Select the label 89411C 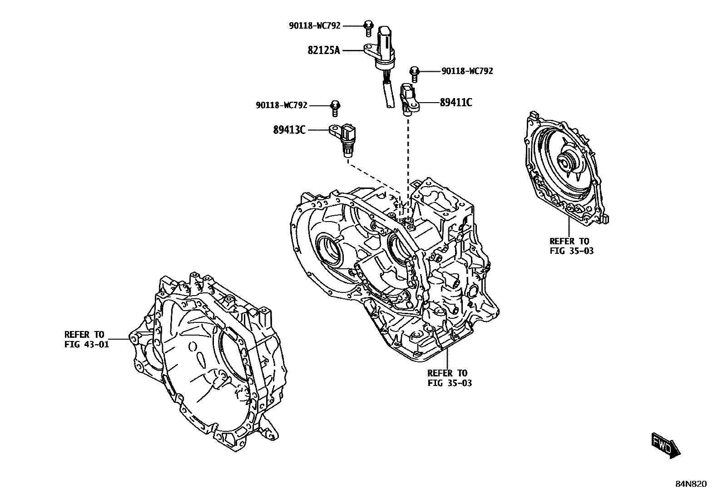pos(456,103)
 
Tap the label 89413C pos(289,130)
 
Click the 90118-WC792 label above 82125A pos(315,26)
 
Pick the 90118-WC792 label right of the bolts pos(467,71)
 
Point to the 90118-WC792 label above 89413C pos(282,105)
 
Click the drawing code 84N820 pos(690,484)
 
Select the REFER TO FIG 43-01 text pos(86,340)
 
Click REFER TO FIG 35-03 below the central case pos(449,378)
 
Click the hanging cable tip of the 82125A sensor pos(389,104)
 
